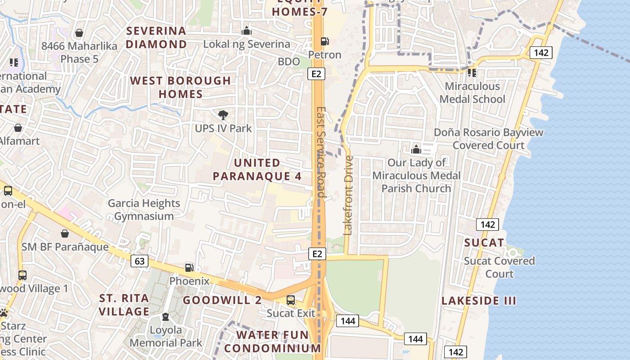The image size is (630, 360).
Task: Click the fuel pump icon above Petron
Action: coord(324,41)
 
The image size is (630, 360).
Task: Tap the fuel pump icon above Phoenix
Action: coord(189,267)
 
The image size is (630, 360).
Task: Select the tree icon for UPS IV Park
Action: coord(223,115)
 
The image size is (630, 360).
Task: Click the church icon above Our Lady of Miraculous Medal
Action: coord(416,149)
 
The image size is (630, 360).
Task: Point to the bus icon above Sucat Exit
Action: coord(291,300)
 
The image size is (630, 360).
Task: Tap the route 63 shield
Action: coord(140,261)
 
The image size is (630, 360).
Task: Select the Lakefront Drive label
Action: coord(348,195)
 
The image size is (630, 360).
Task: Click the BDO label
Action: coord(289,61)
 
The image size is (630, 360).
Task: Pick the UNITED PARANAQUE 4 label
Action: coord(257,169)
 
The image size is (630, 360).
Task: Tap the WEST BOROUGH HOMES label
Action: coord(180,87)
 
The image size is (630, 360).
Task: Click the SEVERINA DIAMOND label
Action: coord(157,37)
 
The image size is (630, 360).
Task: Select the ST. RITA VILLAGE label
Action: coord(124,305)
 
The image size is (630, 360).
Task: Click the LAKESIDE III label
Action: coord(479,301)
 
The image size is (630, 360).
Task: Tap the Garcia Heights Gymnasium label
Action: coord(144,210)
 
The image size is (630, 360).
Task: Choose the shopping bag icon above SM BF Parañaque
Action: coord(65,234)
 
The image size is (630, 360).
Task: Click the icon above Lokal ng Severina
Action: coord(247,31)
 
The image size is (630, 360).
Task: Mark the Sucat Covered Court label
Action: coord(499,267)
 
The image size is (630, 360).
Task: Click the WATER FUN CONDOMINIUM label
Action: coord(273,342)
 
